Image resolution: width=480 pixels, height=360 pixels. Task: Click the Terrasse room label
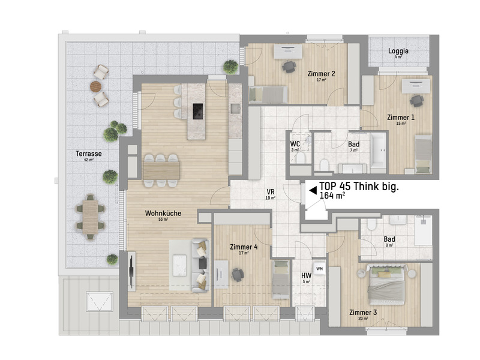click(89, 154)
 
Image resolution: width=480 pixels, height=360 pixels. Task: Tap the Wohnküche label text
click(163, 213)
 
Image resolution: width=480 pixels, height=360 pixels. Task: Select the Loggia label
click(398, 51)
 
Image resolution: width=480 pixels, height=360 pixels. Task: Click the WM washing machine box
click(319, 269)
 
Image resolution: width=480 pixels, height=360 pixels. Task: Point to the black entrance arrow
click(313, 190)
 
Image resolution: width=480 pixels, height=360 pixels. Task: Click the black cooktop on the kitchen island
click(198, 111)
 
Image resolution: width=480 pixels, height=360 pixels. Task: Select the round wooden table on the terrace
click(95, 86)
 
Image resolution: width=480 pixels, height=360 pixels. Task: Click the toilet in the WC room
click(301, 158)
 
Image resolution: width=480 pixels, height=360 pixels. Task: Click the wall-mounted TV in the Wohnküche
click(131, 271)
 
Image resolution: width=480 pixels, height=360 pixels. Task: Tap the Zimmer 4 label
click(244, 247)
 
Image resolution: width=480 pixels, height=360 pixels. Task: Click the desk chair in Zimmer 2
click(289, 67)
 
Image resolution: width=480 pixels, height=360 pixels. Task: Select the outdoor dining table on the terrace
click(91, 217)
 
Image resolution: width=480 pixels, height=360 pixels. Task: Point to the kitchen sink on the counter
click(235, 109)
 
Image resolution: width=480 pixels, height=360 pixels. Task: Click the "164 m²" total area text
click(332, 196)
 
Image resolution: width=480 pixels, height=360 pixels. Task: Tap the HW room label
click(306, 275)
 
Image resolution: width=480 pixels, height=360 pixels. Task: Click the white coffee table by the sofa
click(179, 265)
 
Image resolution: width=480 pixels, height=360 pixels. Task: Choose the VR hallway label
click(271, 192)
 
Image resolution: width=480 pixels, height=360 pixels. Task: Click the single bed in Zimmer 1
click(423, 154)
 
